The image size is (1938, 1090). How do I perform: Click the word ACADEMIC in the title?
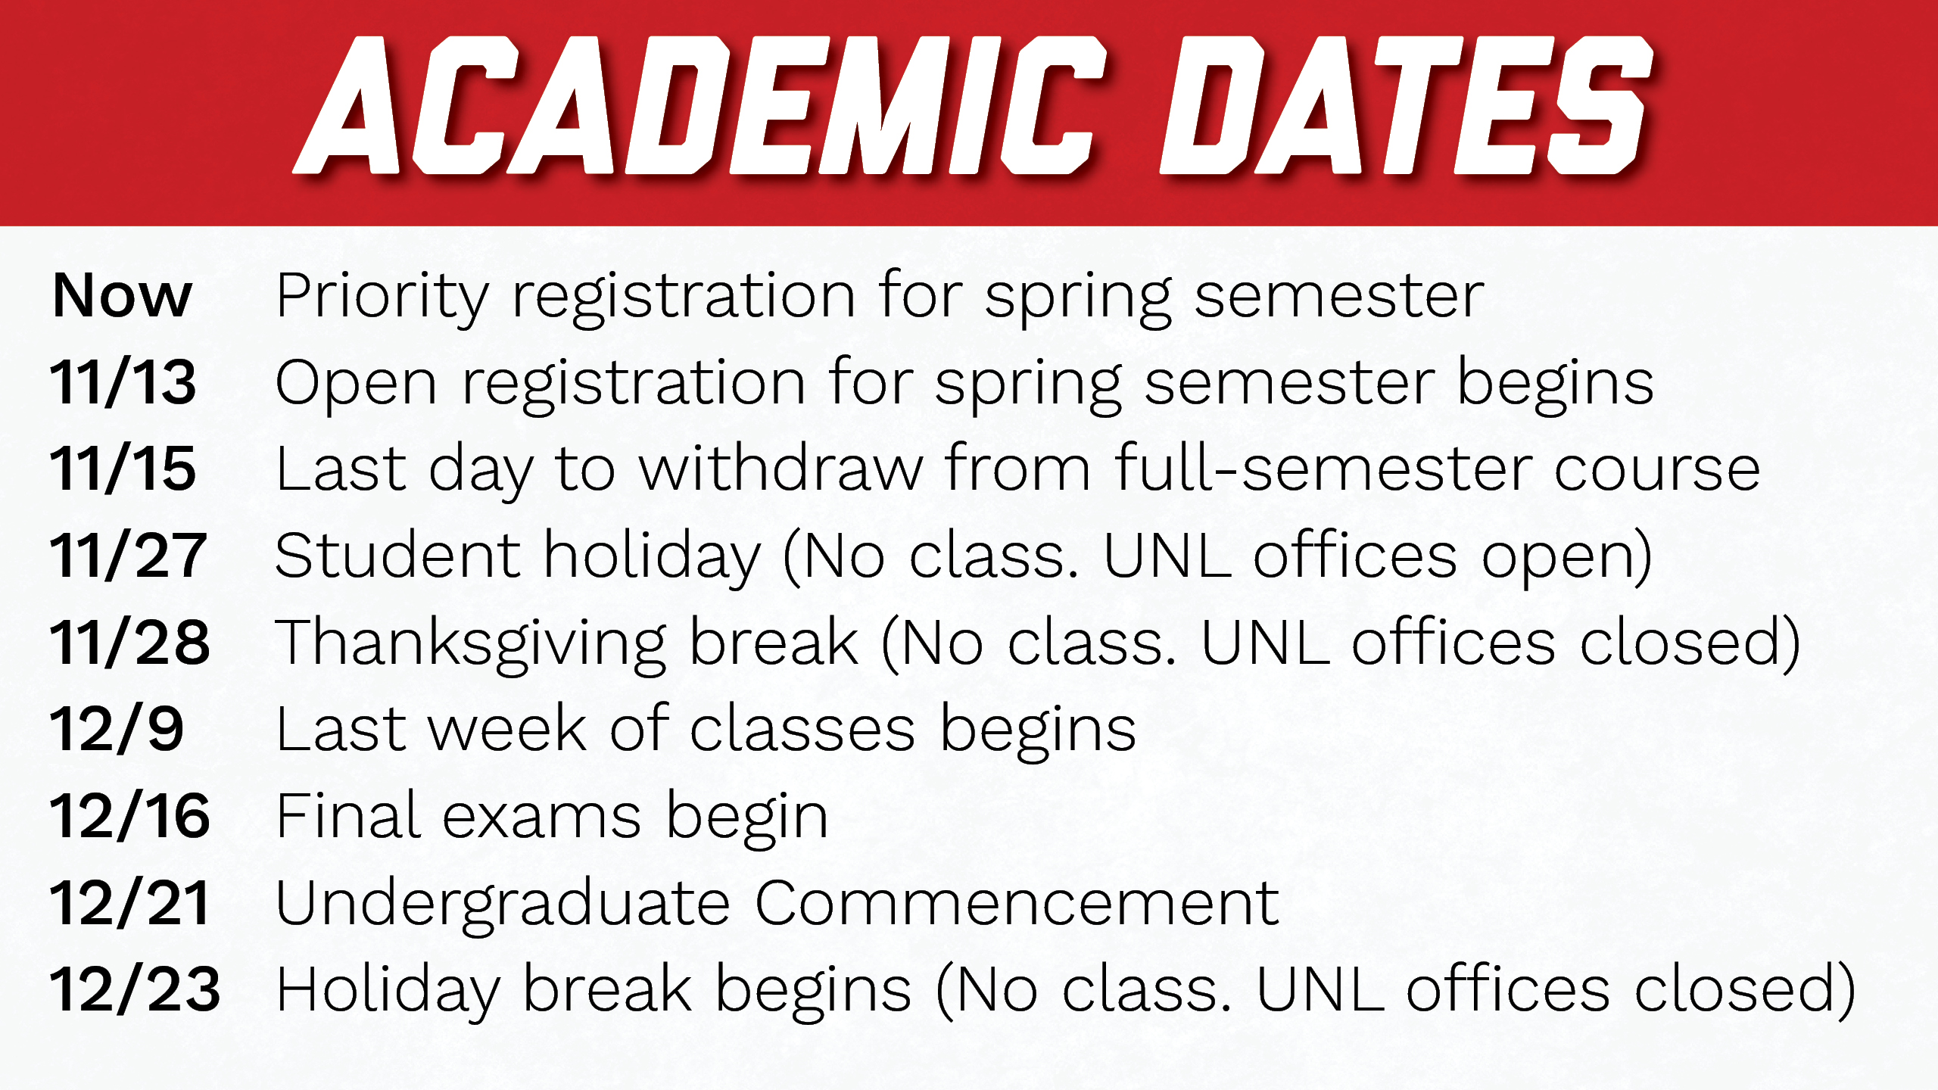700,105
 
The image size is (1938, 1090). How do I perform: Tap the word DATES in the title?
1406,105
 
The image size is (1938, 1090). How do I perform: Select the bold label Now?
122,295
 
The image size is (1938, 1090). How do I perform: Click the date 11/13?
123,382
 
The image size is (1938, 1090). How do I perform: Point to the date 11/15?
123,469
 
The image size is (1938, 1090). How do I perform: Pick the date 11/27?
128,556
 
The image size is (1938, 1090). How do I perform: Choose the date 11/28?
129,642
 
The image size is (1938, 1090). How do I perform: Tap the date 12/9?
117,729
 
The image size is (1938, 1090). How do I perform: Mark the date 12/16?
129,816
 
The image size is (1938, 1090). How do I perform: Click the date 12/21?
129,903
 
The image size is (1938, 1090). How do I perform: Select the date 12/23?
135,989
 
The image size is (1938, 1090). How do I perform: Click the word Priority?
382,300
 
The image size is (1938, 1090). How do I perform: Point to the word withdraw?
780,469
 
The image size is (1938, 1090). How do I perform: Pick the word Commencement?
1017,903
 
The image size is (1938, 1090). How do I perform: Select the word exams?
541,818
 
